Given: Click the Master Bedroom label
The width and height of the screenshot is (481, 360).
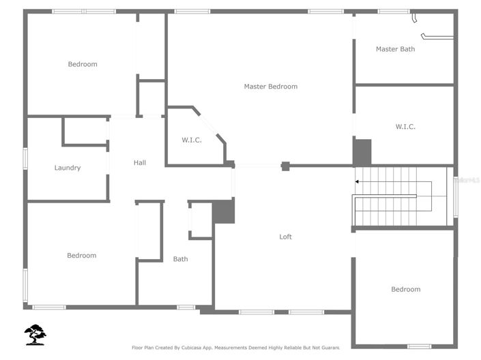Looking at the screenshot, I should coord(271,87).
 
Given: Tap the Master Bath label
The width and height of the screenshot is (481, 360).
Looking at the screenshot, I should coord(395,49).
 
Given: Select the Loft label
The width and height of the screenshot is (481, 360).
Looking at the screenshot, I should coord(286,237).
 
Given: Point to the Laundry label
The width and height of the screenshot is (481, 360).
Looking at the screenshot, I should coord(68,168).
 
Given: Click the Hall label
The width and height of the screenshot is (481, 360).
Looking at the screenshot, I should coord(140,162).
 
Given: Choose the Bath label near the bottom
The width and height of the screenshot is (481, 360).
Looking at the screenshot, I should coord(180,259).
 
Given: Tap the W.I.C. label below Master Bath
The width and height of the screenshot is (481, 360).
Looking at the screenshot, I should coord(405,127).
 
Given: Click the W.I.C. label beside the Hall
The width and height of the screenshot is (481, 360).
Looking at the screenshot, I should coord(191,140).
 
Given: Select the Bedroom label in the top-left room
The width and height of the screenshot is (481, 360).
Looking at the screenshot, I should coord(83,64).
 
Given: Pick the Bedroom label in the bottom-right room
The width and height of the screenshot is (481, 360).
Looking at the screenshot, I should coord(405,289).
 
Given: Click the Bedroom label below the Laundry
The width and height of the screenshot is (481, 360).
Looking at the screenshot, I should coord(82,256).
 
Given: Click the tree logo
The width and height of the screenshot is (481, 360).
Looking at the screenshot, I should coord(35,334).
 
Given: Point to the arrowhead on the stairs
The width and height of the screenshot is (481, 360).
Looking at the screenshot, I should coord(357,182).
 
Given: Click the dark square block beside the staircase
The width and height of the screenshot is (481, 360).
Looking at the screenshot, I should coord(362,151).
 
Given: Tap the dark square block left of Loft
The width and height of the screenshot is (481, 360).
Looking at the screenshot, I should coord(223,211).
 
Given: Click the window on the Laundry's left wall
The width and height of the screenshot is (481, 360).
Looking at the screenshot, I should coord(25,158).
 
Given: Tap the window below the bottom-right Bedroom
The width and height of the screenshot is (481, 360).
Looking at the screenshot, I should coord(419,346).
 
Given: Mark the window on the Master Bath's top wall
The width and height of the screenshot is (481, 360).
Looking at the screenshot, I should coord(394,11).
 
